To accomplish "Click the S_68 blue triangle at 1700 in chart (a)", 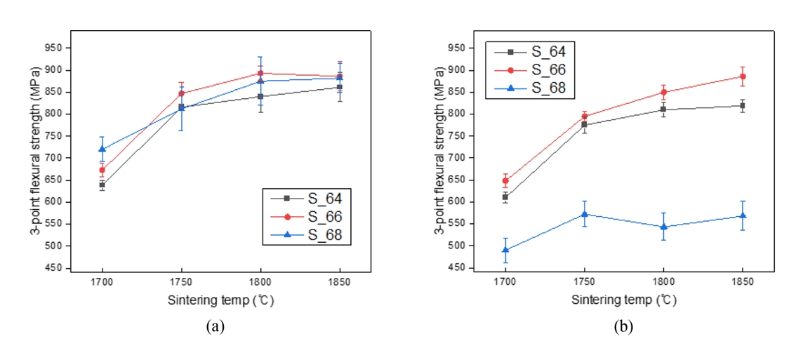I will click(x=102, y=149).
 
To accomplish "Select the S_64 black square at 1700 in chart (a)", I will click(x=102, y=185).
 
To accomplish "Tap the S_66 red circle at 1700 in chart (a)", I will click(x=102, y=170).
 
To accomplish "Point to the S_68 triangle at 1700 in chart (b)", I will click(x=505, y=249).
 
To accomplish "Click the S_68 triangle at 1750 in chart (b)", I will click(x=584, y=214).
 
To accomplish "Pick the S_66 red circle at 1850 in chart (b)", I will click(x=743, y=76).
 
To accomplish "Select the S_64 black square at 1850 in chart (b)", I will click(x=743, y=105).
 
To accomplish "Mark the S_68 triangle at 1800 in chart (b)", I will click(x=663, y=227).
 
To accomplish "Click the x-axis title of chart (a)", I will click(x=220, y=301).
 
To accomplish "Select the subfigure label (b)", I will click(x=621, y=326).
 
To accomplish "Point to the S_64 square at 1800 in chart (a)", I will click(x=260, y=96).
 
